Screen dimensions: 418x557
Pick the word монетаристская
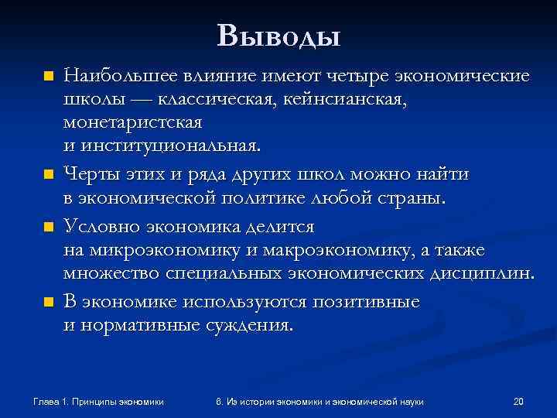[x=132, y=123]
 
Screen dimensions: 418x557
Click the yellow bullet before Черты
[x=49, y=175]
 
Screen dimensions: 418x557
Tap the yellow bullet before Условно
[x=49, y=228]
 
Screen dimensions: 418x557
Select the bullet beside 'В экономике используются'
[x=49, y=302]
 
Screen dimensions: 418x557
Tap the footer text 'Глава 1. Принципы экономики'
[x=98, y=401]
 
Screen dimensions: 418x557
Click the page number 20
[x=518, y=401]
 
